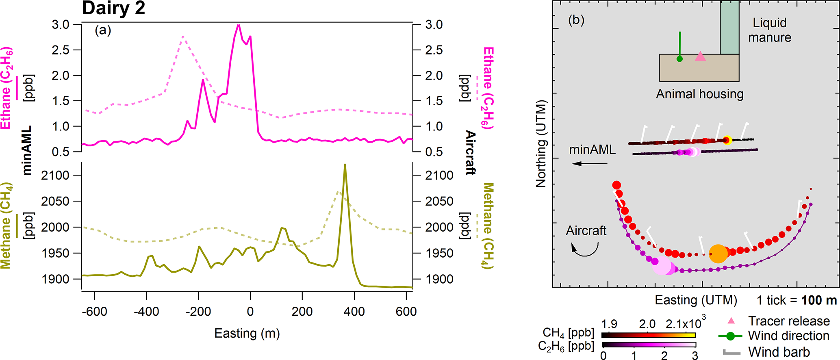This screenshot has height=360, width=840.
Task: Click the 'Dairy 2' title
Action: tap(113, 8)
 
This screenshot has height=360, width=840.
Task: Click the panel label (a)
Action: tap(103, 30)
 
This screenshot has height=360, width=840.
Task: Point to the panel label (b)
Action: tap(576, 20)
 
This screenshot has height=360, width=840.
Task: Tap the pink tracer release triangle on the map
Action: tap(700, 56)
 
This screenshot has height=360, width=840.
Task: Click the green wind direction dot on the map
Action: tap(679, 59)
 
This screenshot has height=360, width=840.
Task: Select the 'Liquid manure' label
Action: tap(769, 30)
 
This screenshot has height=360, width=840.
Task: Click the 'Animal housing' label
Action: tap(699, 94)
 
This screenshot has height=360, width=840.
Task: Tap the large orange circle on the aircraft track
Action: tap(718, 254)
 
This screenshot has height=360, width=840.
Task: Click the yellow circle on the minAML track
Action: tap(727, 141)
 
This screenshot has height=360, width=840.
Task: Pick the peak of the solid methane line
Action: tap(345, 165)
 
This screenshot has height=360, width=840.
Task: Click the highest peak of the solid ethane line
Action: tap(239, 25)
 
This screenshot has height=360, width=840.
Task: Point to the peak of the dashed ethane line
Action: tap(183, 37)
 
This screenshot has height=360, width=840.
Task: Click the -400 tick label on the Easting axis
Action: tap(146, 312)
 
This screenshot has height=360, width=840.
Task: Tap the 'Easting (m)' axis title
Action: tap(247, 334)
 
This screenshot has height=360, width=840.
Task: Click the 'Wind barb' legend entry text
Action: tap(779, 352)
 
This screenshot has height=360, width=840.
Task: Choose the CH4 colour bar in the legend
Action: tap(648, 335)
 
